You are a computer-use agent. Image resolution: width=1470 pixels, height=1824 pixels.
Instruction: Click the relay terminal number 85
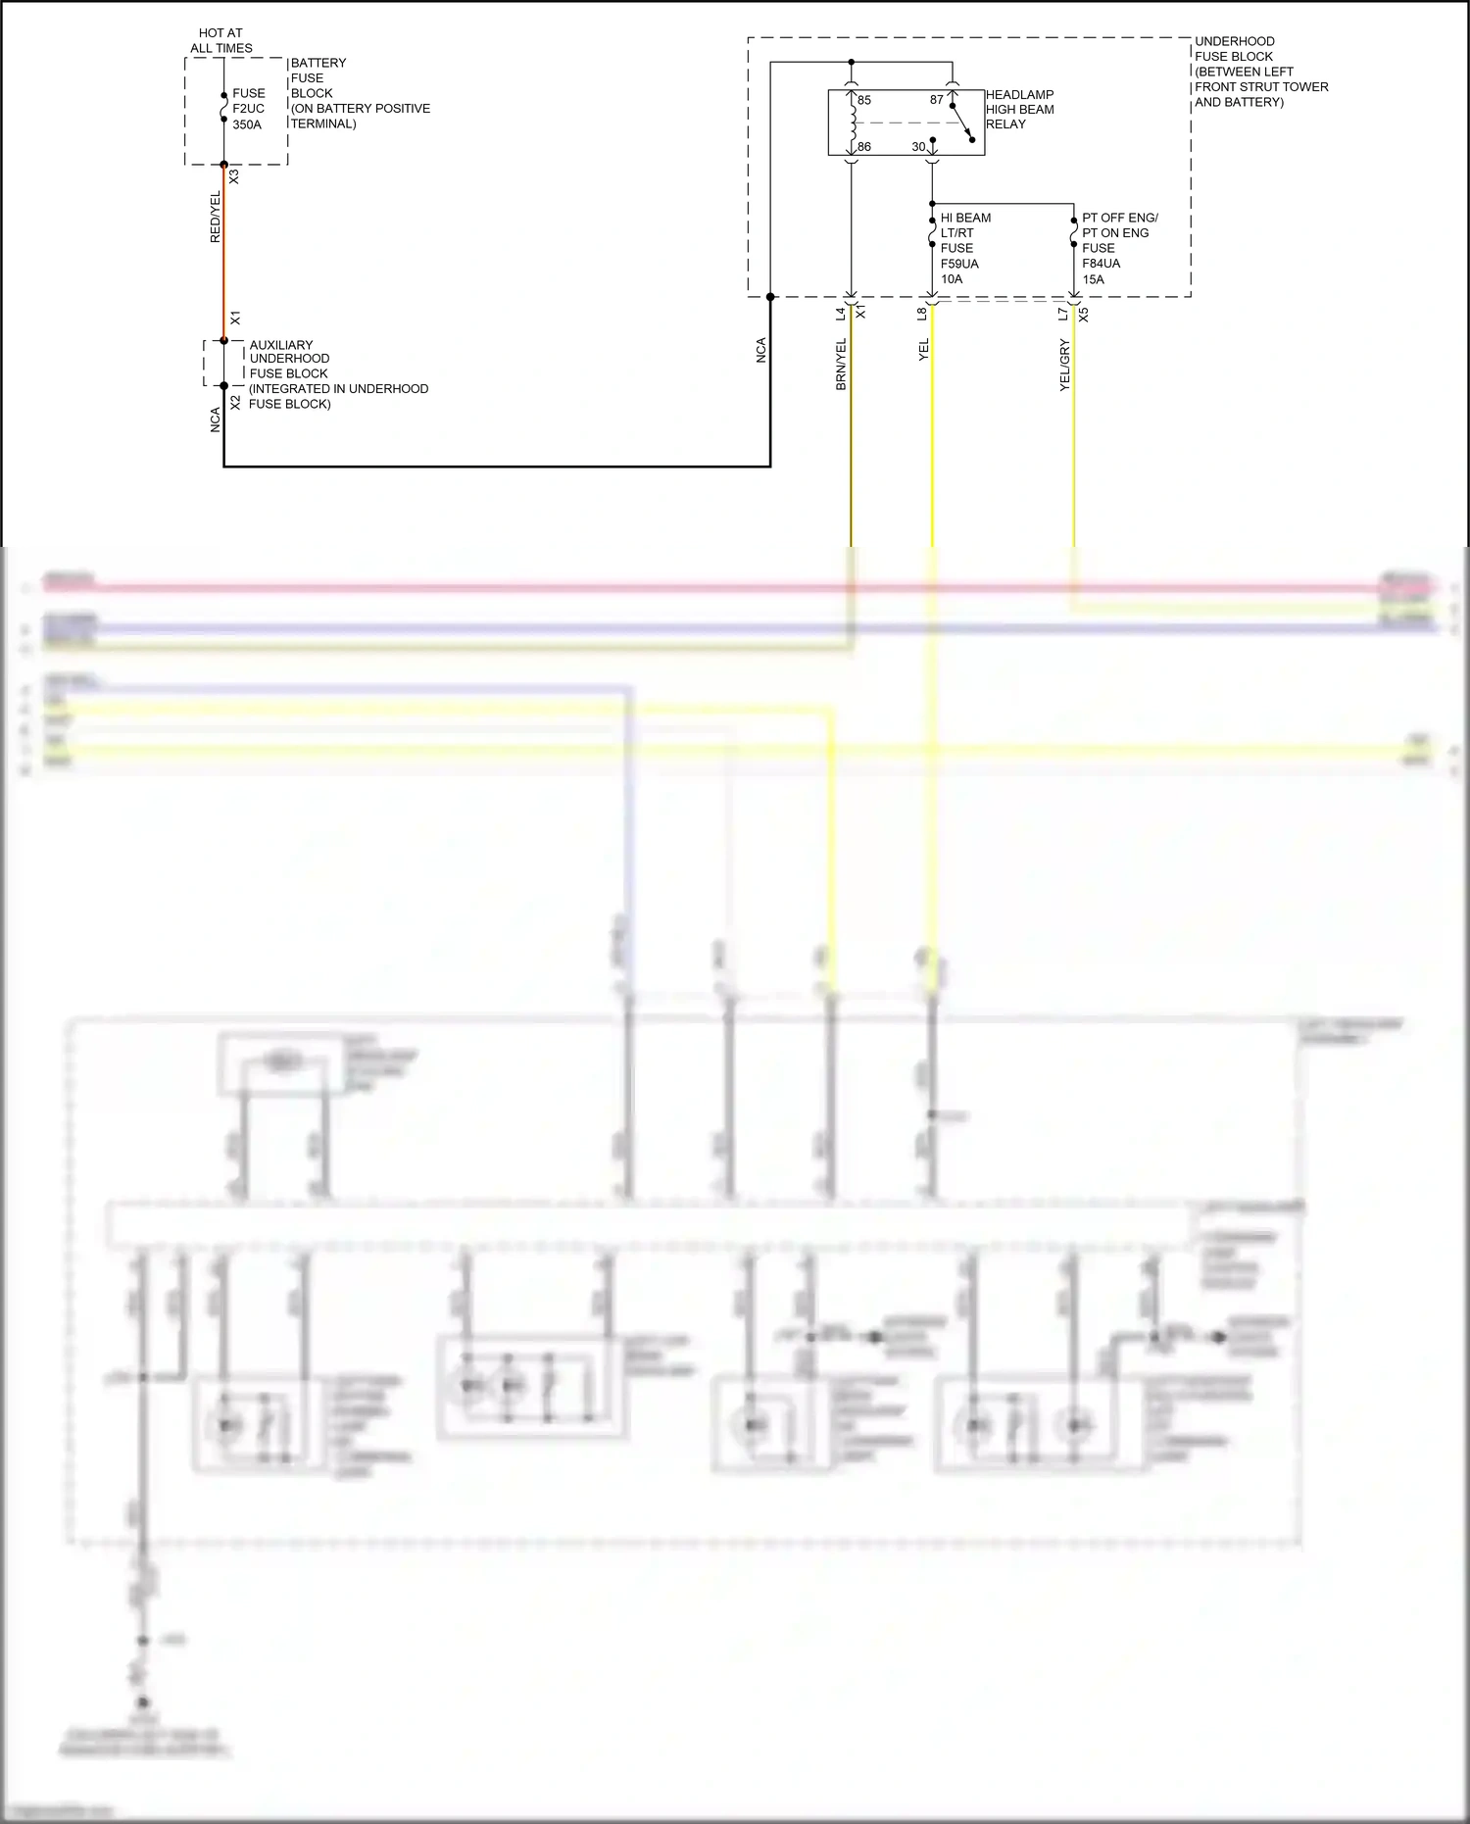click(864, 100)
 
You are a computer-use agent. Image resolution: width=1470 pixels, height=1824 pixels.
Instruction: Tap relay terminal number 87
click(937, 100)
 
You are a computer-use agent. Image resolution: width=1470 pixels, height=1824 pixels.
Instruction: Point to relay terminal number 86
click(864, 147)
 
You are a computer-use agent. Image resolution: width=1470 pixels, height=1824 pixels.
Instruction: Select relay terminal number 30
click(918, 147)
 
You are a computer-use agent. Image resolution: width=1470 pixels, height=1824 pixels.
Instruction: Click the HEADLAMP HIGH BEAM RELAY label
click(1020, 110)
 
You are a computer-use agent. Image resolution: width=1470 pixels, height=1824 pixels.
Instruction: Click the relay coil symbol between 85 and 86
click(853, 123)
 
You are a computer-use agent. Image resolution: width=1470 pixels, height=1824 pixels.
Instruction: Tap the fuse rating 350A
click(247, 124)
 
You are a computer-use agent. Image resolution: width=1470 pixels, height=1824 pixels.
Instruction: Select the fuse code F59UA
click(959, 264)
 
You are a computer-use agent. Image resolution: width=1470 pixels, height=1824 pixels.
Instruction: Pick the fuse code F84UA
click(1101, 264)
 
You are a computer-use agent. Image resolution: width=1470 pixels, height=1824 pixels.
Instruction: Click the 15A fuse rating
click(1093, 279)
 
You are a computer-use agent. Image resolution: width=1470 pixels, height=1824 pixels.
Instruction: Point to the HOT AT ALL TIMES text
click(221, 40)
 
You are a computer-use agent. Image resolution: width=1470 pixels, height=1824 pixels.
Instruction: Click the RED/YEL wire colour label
click(216, 217)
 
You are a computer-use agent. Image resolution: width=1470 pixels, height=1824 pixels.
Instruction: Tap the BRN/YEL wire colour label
click(841, 365)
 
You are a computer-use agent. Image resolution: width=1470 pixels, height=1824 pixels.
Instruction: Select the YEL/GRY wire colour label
click(1065, 366)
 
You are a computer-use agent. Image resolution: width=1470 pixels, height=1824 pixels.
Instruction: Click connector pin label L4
click(841, 314)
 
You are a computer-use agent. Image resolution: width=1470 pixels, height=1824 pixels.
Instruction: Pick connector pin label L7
click(1063, 314)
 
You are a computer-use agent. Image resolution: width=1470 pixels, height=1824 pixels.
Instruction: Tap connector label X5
click(1083, 315)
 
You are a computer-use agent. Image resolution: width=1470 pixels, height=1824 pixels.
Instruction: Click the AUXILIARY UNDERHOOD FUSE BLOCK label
click(338, 373)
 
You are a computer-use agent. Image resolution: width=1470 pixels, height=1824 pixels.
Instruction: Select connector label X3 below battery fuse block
click(234, 177)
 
